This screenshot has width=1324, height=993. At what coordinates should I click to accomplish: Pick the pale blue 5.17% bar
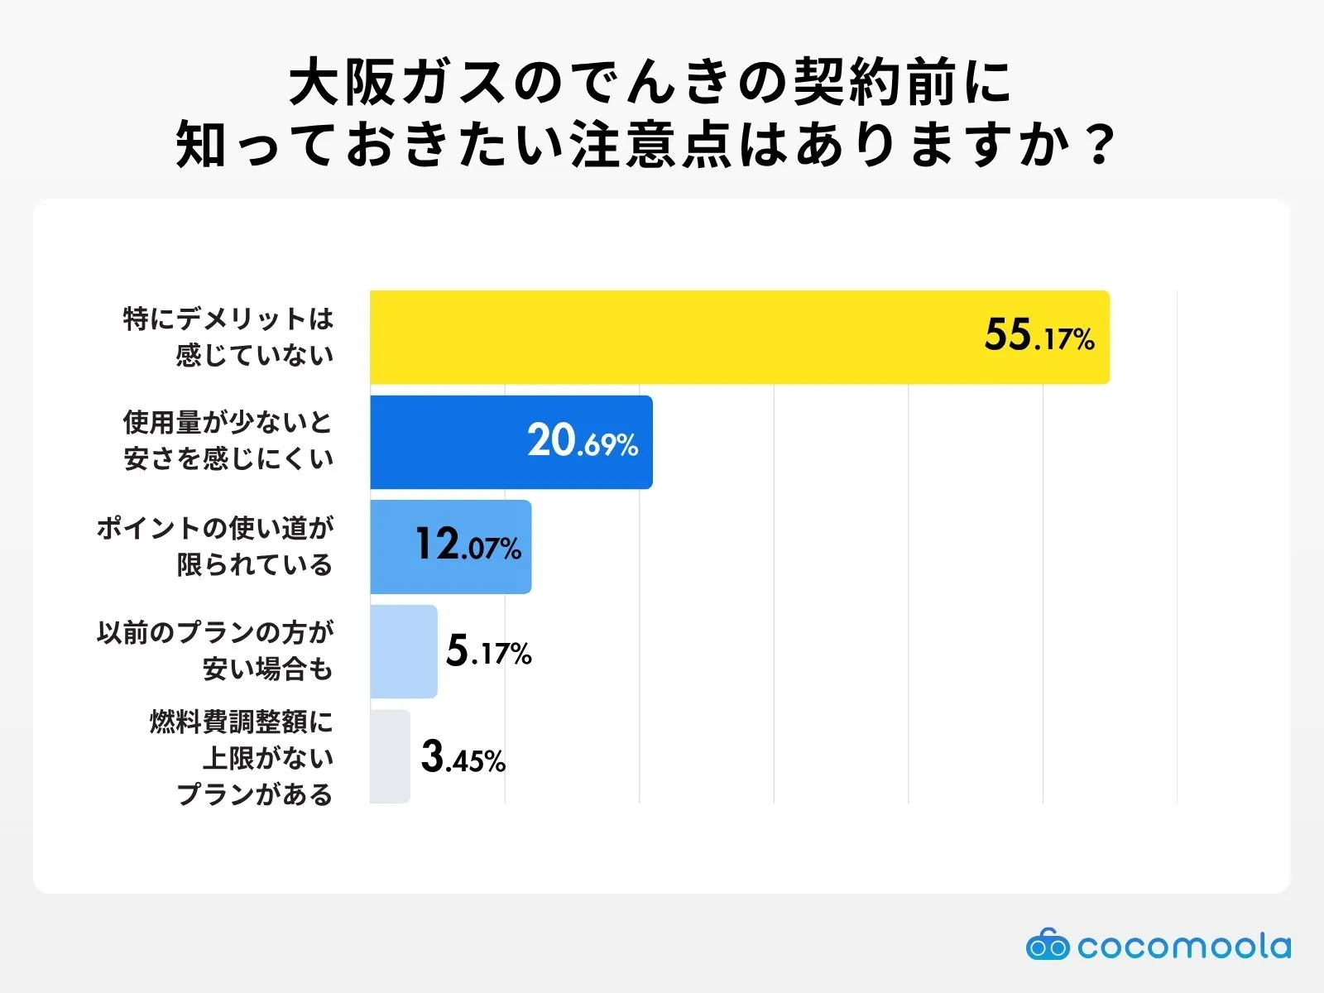[403, 651]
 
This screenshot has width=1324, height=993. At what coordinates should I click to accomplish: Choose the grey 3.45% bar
[390, 756]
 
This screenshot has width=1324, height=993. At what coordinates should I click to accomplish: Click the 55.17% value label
[1039, 336]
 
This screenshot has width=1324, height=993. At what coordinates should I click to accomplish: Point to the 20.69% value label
[583, 441]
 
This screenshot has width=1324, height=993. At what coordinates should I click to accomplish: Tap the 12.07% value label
[468, 546]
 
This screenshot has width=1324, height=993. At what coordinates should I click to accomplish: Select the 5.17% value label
[488, 651]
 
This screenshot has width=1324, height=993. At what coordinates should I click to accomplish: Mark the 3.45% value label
[463, 757]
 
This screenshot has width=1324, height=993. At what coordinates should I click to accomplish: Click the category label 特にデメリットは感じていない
[228, 336]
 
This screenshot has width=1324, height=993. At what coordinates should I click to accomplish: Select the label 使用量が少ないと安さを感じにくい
[228, 440]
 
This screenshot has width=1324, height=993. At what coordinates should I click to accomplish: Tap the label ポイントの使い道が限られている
[215, 546]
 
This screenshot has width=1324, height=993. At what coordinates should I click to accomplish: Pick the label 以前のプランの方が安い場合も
[215, 650]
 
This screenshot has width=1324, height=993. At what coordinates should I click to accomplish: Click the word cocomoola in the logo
[1183, 946]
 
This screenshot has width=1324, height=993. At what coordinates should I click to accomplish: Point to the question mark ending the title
[1101, 145]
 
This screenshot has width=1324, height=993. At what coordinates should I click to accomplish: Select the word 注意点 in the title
[651, 145]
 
